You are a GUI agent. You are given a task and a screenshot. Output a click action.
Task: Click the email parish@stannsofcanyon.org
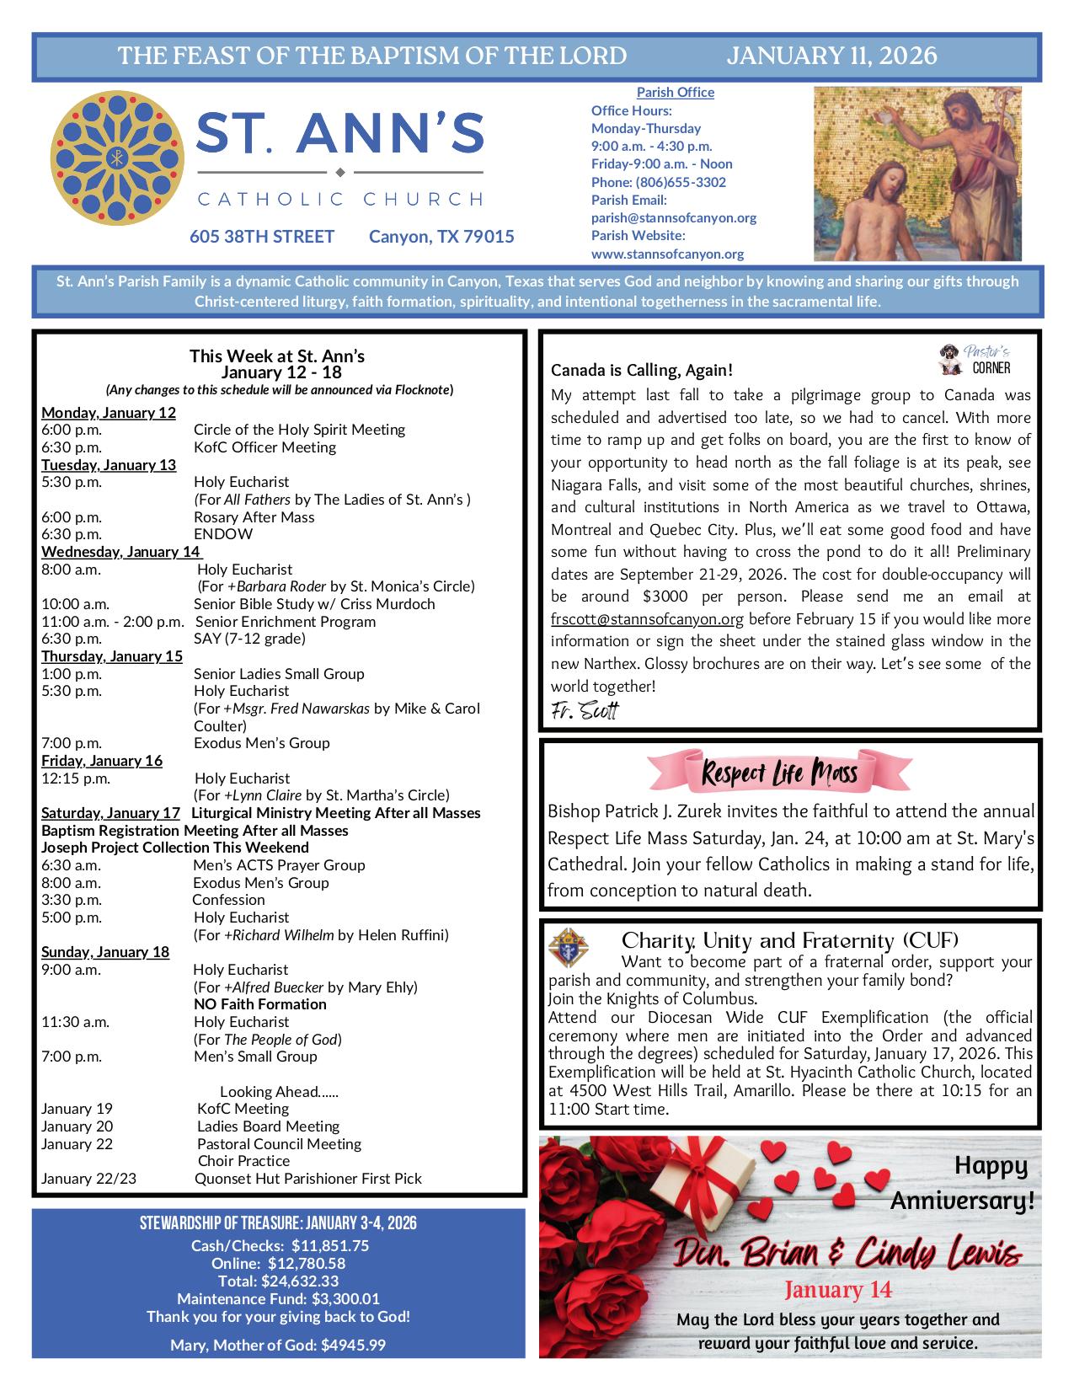click(673, 217)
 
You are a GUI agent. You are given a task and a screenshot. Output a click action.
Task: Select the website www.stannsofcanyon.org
click(667, 254)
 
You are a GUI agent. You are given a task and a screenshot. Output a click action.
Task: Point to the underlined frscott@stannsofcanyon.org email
click(647, 619)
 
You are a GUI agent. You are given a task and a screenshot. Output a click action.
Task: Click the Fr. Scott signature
click(584, 710)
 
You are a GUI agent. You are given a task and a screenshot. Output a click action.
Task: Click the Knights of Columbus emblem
click(569, 949)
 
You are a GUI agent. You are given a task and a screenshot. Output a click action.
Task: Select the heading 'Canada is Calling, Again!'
click(641, 370)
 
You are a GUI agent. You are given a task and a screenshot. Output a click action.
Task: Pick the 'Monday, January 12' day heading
click(109, 412)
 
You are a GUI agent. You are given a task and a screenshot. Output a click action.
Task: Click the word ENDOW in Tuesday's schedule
click(222, 534)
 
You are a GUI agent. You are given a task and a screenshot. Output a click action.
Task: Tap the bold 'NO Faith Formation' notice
click(259, 1004)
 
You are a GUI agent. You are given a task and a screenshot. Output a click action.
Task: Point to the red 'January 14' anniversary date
click(837, 1289)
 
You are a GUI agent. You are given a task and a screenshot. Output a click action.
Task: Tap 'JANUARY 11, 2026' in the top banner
click(831, 56)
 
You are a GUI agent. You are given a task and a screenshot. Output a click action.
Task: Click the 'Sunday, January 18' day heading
click(105, 952)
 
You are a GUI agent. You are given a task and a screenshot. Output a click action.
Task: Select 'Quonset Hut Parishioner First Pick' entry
click(307, 1179)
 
